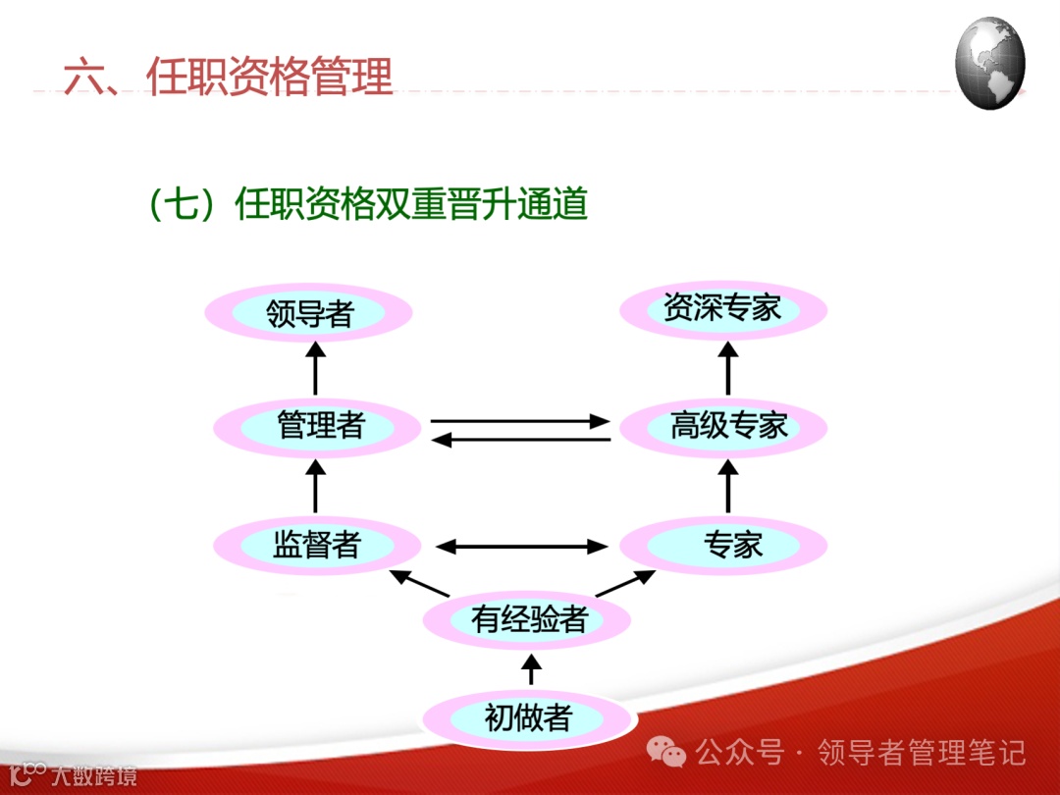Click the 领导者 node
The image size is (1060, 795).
point(309,313)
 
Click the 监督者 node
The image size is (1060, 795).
point(316,545)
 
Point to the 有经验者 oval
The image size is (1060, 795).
point(527,620)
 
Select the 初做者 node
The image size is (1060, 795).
point(527,718)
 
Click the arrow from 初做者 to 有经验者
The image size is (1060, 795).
point(530,670)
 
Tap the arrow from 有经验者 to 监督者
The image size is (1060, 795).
point(419,582)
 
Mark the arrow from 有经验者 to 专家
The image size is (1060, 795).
point(625,582)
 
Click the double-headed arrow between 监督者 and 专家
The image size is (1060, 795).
point(521,545)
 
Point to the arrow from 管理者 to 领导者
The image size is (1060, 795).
point(315,369)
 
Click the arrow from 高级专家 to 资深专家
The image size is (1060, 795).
point(727,368)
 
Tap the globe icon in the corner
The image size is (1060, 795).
point(989,62)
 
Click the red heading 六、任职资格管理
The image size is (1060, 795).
point(228,77)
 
